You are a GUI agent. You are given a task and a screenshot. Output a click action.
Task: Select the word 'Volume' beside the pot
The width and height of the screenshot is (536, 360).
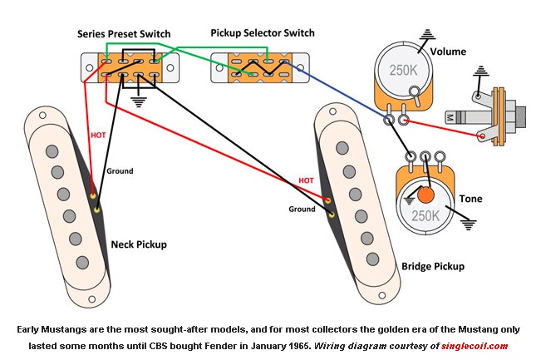[x=450, y=51]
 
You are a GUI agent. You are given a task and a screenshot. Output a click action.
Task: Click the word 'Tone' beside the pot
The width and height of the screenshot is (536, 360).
[x=470, y=199]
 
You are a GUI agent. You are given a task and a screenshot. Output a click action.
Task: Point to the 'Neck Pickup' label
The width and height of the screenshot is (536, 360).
[x=139, y=244]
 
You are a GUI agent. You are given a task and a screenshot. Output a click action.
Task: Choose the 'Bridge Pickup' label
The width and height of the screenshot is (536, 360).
[x=433, y=266]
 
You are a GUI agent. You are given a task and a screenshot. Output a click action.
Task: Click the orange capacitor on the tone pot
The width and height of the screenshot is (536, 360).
[x=427, y=196]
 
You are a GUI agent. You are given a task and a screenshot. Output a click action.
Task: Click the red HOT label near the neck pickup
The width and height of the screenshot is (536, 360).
[x=96, y=134]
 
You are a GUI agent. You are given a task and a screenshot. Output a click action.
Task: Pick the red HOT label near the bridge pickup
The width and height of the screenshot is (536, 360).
[x=304, y=180]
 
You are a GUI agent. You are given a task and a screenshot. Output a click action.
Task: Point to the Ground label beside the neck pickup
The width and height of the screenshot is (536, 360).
[x=119, y=171]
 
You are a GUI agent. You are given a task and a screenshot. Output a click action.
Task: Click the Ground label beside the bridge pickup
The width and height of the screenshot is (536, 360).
[x=302, y=209]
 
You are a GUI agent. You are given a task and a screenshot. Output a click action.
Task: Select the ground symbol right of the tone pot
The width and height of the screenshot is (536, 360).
[x=469, y=224]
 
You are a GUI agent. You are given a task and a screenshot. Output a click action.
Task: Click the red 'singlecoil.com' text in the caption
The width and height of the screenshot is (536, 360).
[x=475, y=344]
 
